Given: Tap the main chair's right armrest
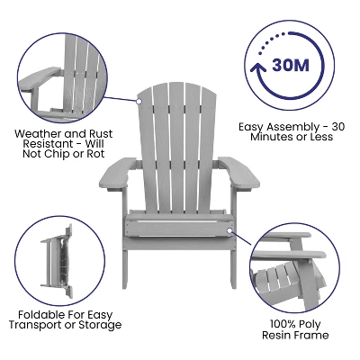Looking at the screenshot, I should [236, 170].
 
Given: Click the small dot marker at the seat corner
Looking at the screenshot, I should [231, 230].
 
